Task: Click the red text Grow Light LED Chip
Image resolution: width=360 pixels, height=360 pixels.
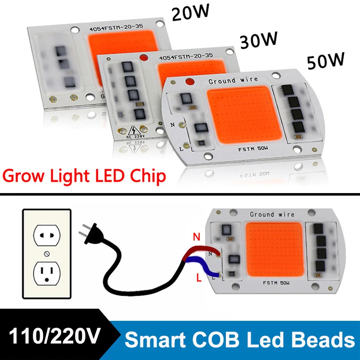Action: (x=83, y=176)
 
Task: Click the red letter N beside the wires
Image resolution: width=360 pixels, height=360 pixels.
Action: (x=197, y=235)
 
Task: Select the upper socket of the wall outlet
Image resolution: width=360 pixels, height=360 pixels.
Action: (x=47, y=234)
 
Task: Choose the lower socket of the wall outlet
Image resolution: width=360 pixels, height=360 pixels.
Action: (x=47, y=273)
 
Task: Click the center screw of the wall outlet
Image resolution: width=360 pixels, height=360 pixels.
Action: (x=47, y=254)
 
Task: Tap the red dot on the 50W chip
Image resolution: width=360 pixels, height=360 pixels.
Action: (x=189, y=82)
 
